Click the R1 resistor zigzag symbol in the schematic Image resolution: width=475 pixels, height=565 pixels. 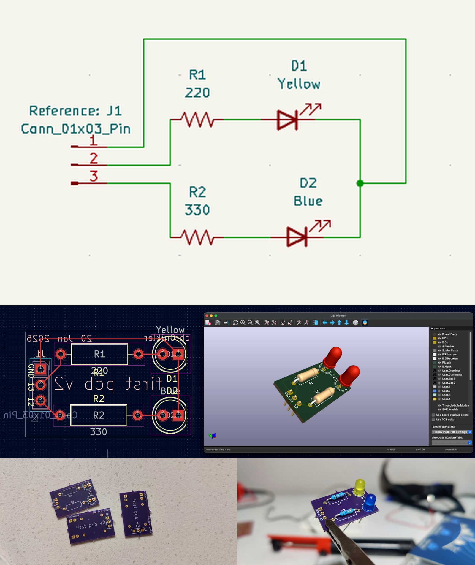click(x=197, y=120)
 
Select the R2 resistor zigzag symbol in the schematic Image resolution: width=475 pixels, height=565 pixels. click(x=197, y=237)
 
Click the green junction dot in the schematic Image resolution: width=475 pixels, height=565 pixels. click(x=360, y=183)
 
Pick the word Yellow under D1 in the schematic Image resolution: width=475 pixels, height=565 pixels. click(x=299, y=84)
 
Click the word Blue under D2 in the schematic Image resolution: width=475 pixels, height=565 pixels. click(x=308, y=201)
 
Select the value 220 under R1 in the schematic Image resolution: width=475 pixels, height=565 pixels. click(x=197, y=93)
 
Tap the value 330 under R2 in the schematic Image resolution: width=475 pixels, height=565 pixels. click(x=197, y=210)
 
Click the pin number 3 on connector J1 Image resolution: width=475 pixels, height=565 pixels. click(x=94, y=176)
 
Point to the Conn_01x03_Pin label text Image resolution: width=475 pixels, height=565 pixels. click(x=76, y=129)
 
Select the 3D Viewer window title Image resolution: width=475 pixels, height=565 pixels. click(x=338, y=315)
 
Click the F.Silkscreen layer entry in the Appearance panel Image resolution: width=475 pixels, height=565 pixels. click(x=449, y=354)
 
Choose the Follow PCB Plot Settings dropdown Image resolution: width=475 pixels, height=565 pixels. click(x=451, y=432)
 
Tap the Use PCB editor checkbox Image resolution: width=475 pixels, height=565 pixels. click(x=433, y=420)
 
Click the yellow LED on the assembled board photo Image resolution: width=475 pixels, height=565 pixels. click(x=360, y=487)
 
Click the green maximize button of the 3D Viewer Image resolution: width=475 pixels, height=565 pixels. click(x=216, y=315)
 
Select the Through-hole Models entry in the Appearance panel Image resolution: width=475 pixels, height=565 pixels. click(x=455, y=405)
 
